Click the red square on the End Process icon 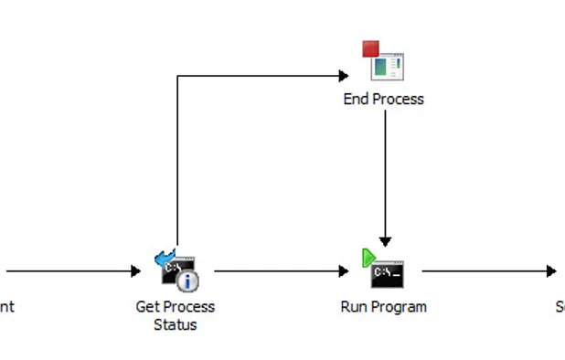[x=370, y=48]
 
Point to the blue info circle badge [x=188, y=281]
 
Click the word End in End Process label [x=356, y=99]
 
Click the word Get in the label [x=147, y=307]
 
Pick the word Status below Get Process [x=176, y=324]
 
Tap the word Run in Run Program [x=353, y=307]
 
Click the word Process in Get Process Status [x=188, y=307]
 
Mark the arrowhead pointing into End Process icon [x=344, y=76]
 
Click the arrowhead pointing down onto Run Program [x=385, y=241]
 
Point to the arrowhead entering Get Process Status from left [x=136, y=271]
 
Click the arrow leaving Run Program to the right [x=485, y=271]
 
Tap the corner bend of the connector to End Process [x=177, y=76]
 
